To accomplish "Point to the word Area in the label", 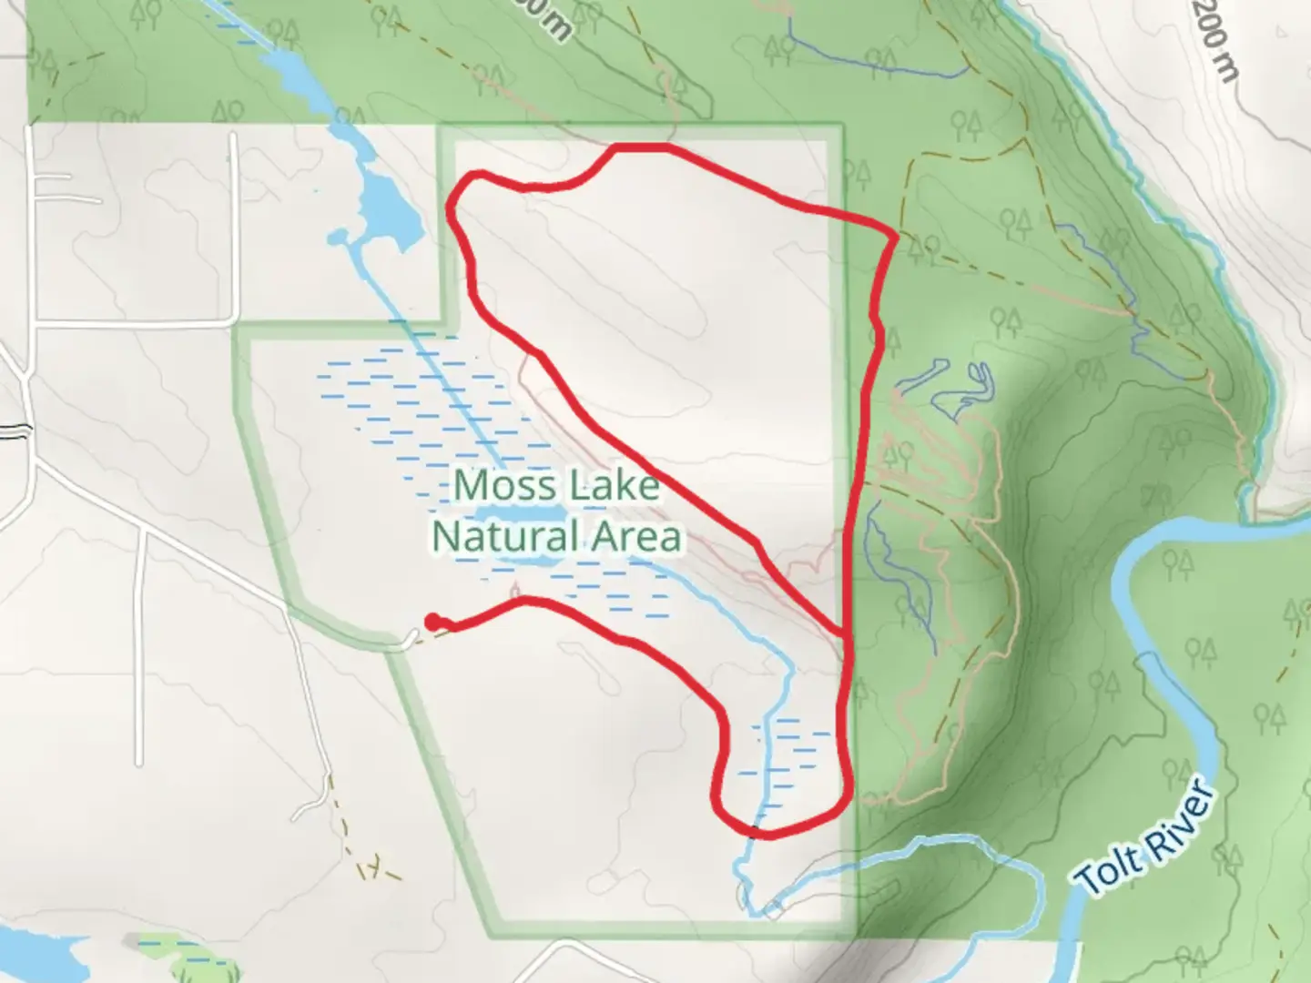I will tap(636, 537).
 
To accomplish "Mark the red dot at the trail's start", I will tap(432, 621).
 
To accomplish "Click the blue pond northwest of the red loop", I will tap(386, 209).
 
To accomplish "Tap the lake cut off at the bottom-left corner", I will tap(36, 951).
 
